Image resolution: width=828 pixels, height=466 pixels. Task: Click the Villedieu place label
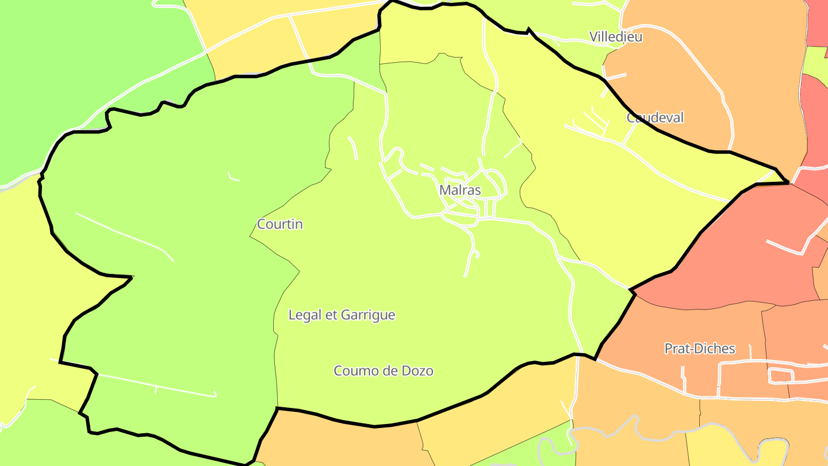tap(616, 37)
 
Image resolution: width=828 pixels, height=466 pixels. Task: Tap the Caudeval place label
tap(655, 118)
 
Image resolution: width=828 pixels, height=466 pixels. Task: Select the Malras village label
tap(460, 190)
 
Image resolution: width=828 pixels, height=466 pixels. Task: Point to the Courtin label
tap(280, 224)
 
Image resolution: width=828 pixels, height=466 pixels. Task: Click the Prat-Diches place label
tap(700, 349)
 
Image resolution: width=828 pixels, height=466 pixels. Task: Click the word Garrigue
tap(368, 315)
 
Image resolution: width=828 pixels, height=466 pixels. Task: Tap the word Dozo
tap(417, 371)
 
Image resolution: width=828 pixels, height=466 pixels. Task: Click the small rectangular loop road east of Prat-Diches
tap(781, 376)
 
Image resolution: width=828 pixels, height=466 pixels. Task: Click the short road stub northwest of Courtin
tap(233, 177)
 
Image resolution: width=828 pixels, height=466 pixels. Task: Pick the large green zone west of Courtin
tap(172, 288)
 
